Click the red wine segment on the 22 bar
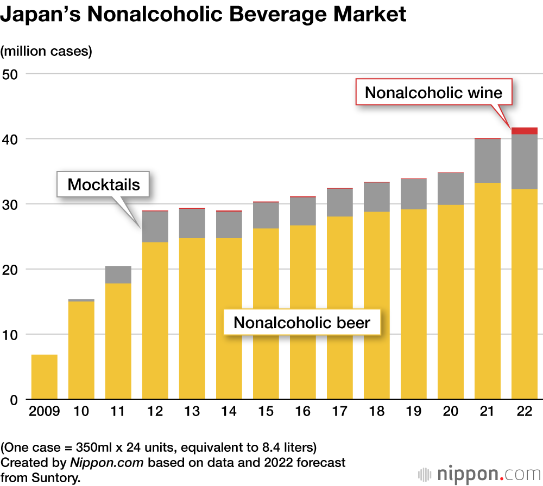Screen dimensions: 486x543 click(524, 130)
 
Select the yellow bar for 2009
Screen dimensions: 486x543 click(44, 377)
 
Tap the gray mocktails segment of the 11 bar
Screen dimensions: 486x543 click(118, 274)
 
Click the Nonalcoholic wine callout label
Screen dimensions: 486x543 click(433, 92)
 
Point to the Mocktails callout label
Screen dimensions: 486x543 click(104, 184)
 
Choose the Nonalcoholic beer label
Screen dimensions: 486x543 click(302, 323)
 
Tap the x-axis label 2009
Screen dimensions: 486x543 click(44, 412)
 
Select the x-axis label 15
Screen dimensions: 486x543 click(266, 412)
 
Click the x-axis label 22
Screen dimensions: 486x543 click(524, 412)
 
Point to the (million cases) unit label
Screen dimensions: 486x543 click(47, 52)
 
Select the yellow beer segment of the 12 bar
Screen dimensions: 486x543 click(155, 320)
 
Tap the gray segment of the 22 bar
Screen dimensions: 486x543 click(524, 161)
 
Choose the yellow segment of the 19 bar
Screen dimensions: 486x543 click(413, 304)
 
